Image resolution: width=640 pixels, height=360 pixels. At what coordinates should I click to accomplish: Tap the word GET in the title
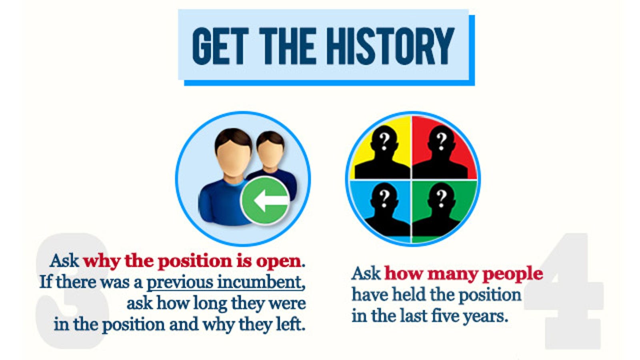[219, 46]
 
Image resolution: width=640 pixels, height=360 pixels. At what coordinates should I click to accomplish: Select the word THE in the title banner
[288, 46]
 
